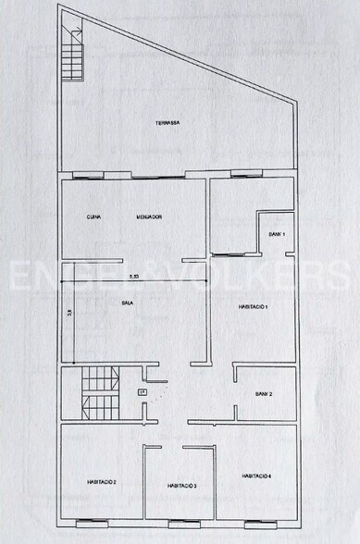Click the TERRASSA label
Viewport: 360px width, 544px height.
pos(168,122)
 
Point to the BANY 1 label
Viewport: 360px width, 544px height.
pos(278,234)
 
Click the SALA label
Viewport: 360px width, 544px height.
pos(129,303)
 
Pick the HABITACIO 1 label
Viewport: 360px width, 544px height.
pos(253,306)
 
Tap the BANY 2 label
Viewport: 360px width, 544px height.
pos(265,395)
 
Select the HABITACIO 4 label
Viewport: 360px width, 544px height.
pos(256,476)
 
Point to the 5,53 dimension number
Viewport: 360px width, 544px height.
pos(134,277)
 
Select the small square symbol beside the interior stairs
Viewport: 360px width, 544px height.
pos(142,392)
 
